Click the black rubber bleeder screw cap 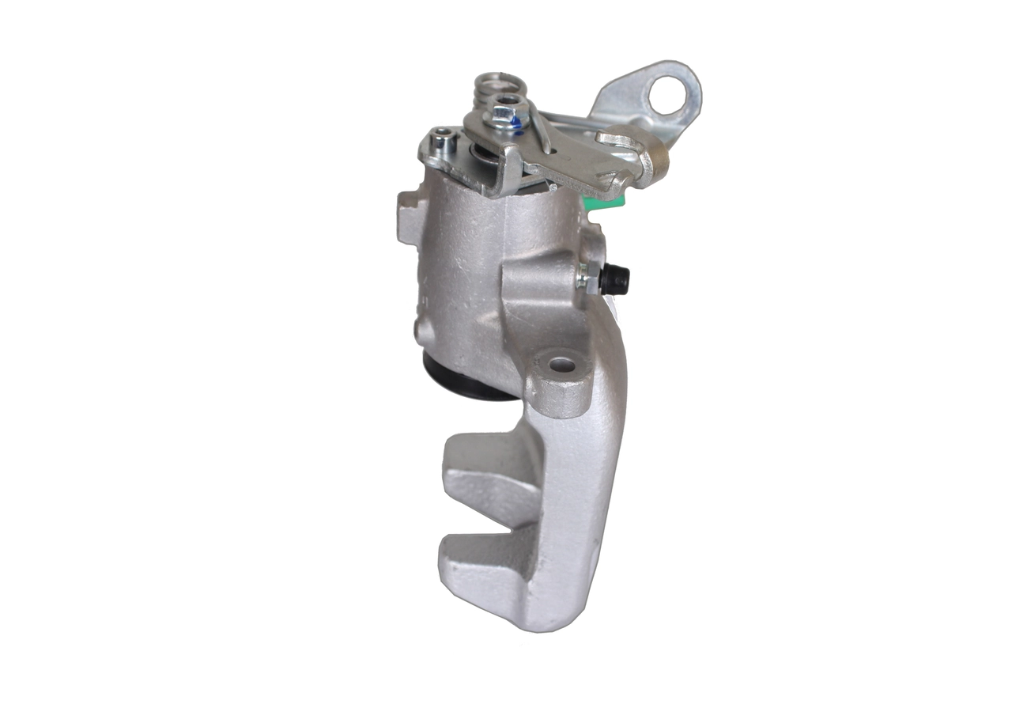(x=616, y=279)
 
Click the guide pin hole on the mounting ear (x=561, y=365)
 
